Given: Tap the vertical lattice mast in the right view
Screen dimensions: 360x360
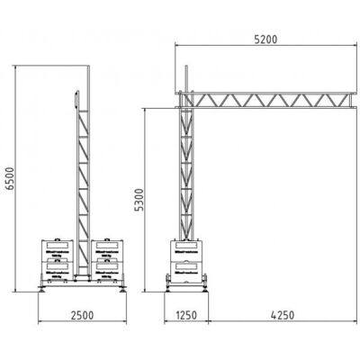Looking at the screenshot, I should click(x=187, y=171).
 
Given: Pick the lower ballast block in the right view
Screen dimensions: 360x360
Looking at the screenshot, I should click(x=187, y=270).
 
